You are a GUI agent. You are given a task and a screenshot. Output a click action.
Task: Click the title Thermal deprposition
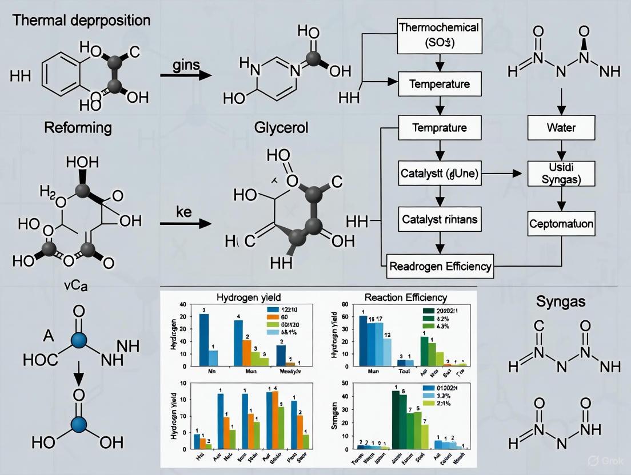(x=81, y=21)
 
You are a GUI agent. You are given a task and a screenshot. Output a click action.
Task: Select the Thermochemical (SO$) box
(x=439, y=35)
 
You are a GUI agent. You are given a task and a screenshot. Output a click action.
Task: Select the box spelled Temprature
(x=439, y=127)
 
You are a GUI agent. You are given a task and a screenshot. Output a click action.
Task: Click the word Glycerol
(x=281, y=127)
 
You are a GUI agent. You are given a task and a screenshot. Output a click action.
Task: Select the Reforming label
(x=78, y=127)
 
